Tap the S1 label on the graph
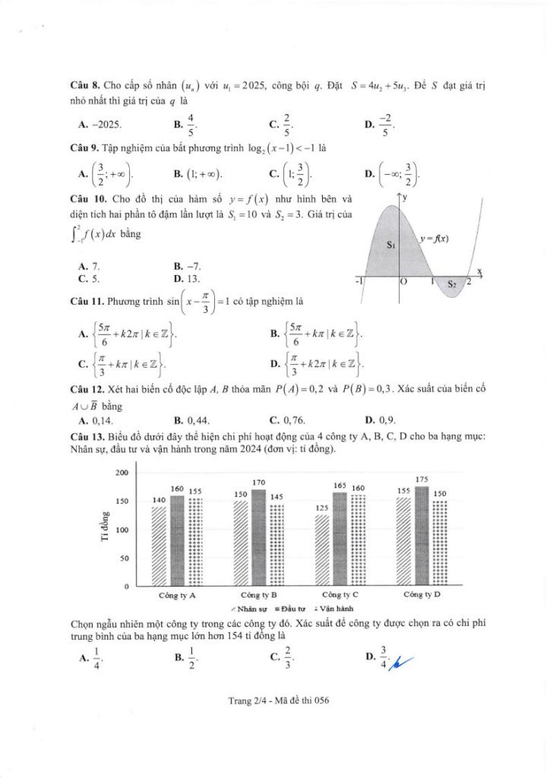pyautogui.click(x=391, y=245)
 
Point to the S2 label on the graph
pyautogui.click(x=451, y=284)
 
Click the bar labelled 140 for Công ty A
pyautogui.click(x=159, y=546)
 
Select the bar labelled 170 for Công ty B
pyautogui.click(x=258, y=538)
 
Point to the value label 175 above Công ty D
pyautogui.click(x=422, y=479)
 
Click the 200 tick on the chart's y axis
pyautogui.click(x=122, y=473)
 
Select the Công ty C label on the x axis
pyautogui.click(x=340, y=594)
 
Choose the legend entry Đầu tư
pyautogui.click(x=289, y=609)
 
